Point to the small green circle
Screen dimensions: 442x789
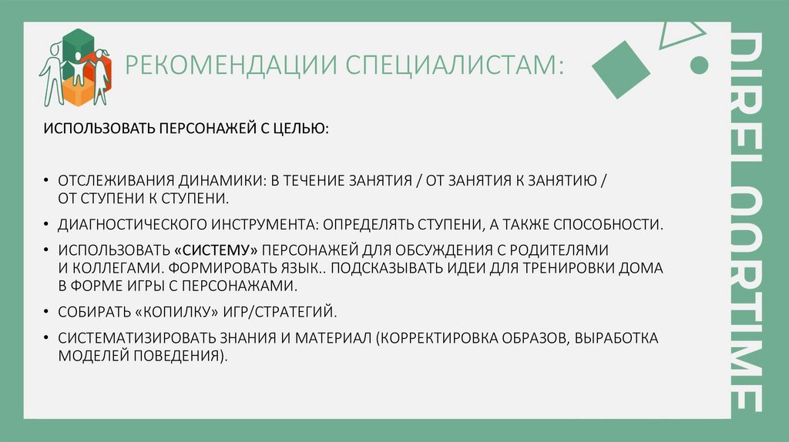(x=700, y=65)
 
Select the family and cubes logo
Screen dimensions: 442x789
(x=76, y=68)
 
